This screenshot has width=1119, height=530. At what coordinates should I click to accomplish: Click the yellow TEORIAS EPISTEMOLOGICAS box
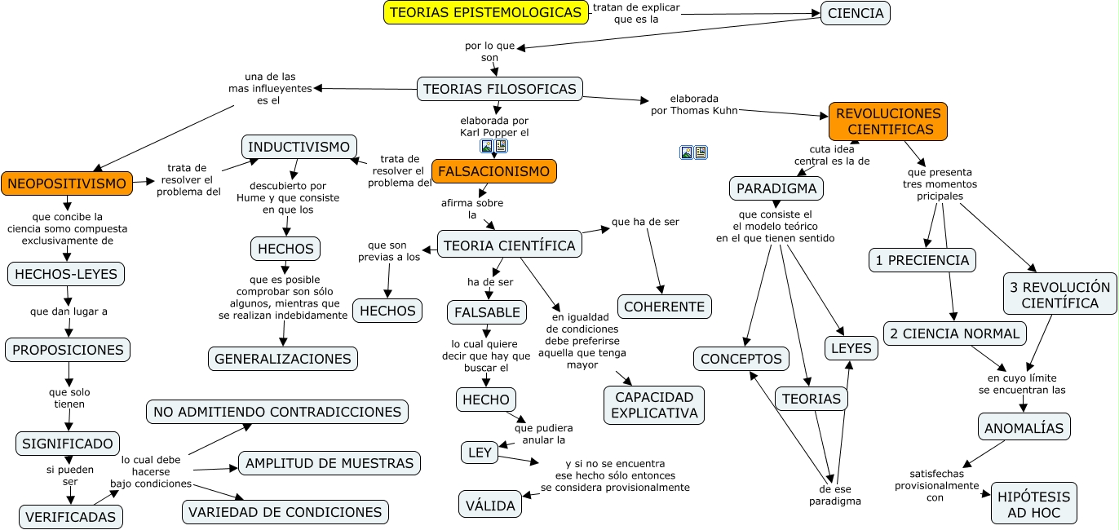click(486, 12)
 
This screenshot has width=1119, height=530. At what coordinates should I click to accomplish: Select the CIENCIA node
click(855, 13)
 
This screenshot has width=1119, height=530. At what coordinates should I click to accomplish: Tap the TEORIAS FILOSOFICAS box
click(500, 89)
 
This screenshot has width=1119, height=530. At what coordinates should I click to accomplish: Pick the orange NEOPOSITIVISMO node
click(66, 183)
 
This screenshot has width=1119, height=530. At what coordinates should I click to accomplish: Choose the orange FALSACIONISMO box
click(494, 171)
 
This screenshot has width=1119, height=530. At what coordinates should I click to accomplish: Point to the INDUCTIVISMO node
click(299, 147)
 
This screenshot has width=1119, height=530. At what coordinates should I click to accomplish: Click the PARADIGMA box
click(776, 188)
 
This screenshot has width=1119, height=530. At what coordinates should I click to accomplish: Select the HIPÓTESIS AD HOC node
click(1034, 503)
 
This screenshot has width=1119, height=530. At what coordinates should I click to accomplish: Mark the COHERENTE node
click(665, 307)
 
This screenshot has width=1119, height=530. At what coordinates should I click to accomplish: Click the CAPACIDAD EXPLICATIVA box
click(654, 405)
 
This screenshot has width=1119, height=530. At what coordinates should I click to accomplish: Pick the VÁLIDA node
click(490, 505)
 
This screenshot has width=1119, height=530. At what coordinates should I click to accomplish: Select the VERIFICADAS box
click(71, 516)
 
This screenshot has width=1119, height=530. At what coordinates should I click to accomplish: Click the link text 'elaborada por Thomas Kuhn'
click(694, 104)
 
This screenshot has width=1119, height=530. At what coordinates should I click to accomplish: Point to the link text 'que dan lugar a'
click(69, 311)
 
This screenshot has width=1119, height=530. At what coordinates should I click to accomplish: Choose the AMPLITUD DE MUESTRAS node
click(330, 463)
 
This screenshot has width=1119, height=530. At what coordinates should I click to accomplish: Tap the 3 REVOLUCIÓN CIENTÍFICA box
click(1059, 294)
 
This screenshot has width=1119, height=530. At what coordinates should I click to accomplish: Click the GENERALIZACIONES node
click(283, 358)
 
